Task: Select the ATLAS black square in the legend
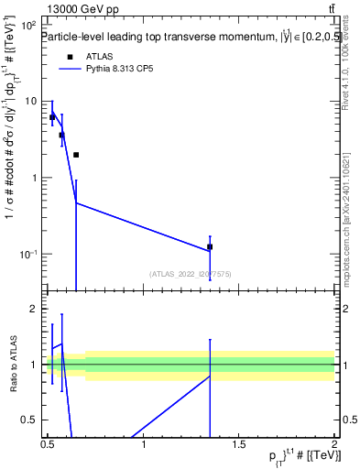pyautogui.click(x=71, y=57)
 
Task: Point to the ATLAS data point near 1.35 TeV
pyautogui.click(x=210, y=246)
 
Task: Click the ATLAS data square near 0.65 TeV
pyautogui.click(x=76, y=155)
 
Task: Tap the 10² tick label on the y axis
pyautogui.click(x=29, y=26)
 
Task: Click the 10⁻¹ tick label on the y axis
pyautogui.click(x=28, y=254)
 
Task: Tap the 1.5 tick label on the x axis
pyautogui.click(x=239, y=443)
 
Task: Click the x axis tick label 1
pyautogui.click(x=144, y=443)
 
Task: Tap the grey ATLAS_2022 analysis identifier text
pyautogui.click(x=191, y=273)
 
